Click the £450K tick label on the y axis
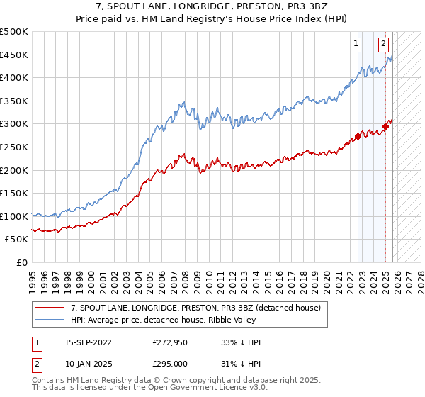[14, 55]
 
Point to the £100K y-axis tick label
[14, 216]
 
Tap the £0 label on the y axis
[23, 262]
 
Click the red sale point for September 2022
[358, 136]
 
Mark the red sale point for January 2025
[385, 126]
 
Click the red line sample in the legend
[50, 308]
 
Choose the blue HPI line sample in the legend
[50, 320]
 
